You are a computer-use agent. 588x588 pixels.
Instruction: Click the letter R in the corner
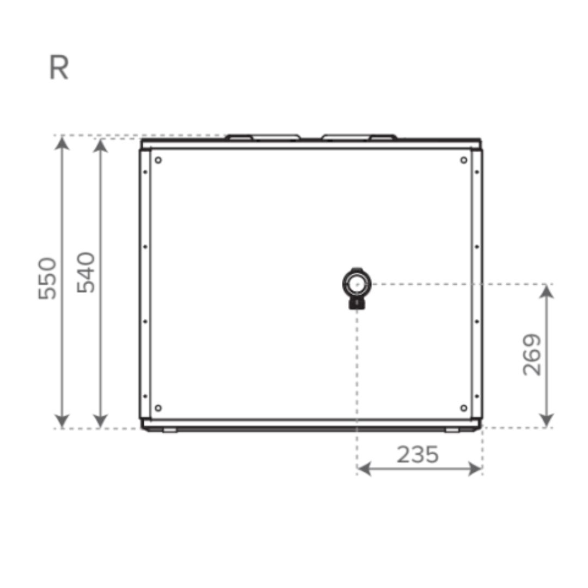click(59, 69)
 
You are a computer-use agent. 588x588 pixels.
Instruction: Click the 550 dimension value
click(48, 278)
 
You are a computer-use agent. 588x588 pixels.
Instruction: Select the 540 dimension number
click(86, 272)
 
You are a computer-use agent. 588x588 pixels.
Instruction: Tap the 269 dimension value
click(532, 355)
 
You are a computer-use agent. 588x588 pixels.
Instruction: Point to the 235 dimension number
click(417, 455)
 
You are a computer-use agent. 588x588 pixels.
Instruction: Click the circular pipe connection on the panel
click(356, 283)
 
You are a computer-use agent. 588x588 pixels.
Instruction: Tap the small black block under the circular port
click(357, 303)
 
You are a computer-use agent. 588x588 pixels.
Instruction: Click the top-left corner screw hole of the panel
click(158, 160)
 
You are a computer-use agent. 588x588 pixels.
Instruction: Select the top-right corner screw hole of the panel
click(463, 160)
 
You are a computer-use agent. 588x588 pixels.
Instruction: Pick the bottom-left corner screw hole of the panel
click(158, 408)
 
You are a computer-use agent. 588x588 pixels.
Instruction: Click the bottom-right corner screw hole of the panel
click(463, 408)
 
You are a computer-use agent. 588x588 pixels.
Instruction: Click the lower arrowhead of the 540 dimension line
click(101, 420)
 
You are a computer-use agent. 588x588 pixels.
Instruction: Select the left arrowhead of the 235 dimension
click(364, 469)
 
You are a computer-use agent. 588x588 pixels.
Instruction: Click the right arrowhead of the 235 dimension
click(475, 469)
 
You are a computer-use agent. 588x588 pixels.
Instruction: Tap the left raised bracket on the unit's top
click(263, 137)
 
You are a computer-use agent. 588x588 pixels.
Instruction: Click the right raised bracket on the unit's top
click(359, 137)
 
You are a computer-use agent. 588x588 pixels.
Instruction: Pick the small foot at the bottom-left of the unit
click(170, 431)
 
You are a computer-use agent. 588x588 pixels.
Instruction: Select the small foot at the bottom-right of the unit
click(452, 431)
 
